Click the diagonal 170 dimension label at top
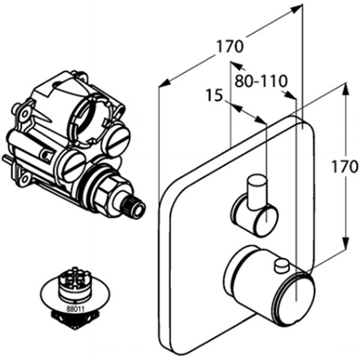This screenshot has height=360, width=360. (230, 46)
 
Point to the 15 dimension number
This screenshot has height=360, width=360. (214, 95)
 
